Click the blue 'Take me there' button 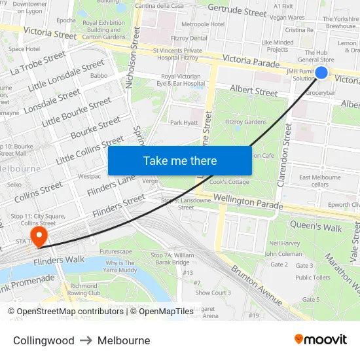pyautogui.click(x=180, y=161)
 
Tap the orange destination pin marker pyautogui.click(x=39, y=235)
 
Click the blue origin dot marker pyautogui.click(x=321, y=73)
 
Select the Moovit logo pyautogui.click(x=321, y=340)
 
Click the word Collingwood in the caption pyautogui.click(x=44, y=340)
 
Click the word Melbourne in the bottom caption pyautogui.click(x=124, y=340)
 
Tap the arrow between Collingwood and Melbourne pyautogui.click(x=86, y=340)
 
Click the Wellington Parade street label pyautogui.click(x=247, y=201)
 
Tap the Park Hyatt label pyautogui.click(x=183, y=122)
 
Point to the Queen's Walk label pyautogui.click(x=316, y=228)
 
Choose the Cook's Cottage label pyautogui.click(x=229, y=182)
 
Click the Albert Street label pyautogui.click(x=254, y=92)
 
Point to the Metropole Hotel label pyautogui.click(x=203, y=24)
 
